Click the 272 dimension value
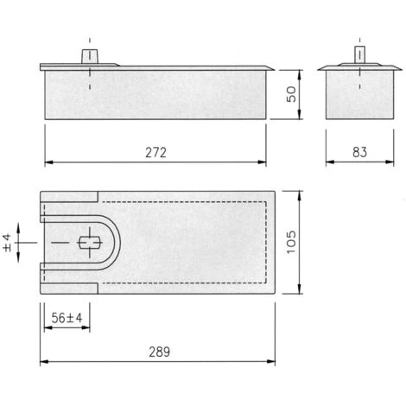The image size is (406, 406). point(155,153)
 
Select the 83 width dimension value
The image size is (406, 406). point(359,152)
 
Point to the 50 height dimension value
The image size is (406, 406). point(291,94)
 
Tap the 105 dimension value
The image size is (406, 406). point(291,242)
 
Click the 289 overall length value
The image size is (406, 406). point(159,352)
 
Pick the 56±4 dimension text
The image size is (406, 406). point(67,318)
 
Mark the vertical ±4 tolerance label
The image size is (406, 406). point(8,243)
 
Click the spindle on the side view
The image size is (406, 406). point(90,56)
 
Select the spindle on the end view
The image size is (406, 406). point(359,54)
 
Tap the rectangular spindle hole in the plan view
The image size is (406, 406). point(90,243)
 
